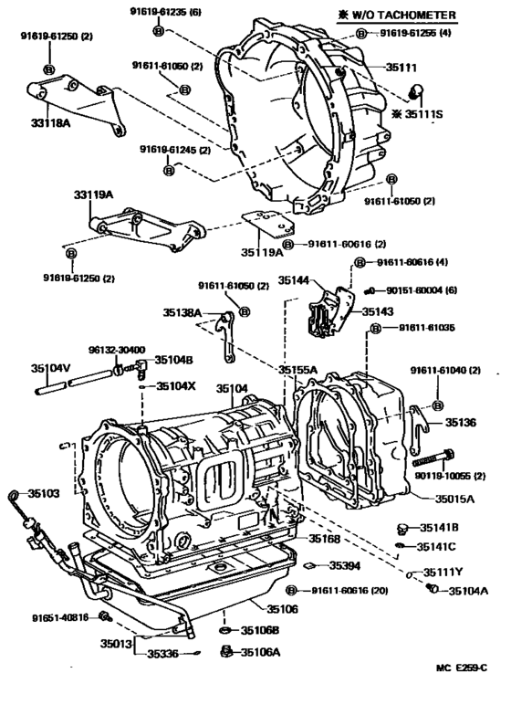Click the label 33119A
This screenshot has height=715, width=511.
click(x=94, y=195)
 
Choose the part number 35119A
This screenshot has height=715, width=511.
click(x=262, y=252)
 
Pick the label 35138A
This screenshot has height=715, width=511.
click(x=183, y=312)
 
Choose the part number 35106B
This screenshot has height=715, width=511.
click(x=260, y=630)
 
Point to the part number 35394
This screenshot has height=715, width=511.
click(x=347, y=565)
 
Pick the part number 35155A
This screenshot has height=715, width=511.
click(x=298, y=370)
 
